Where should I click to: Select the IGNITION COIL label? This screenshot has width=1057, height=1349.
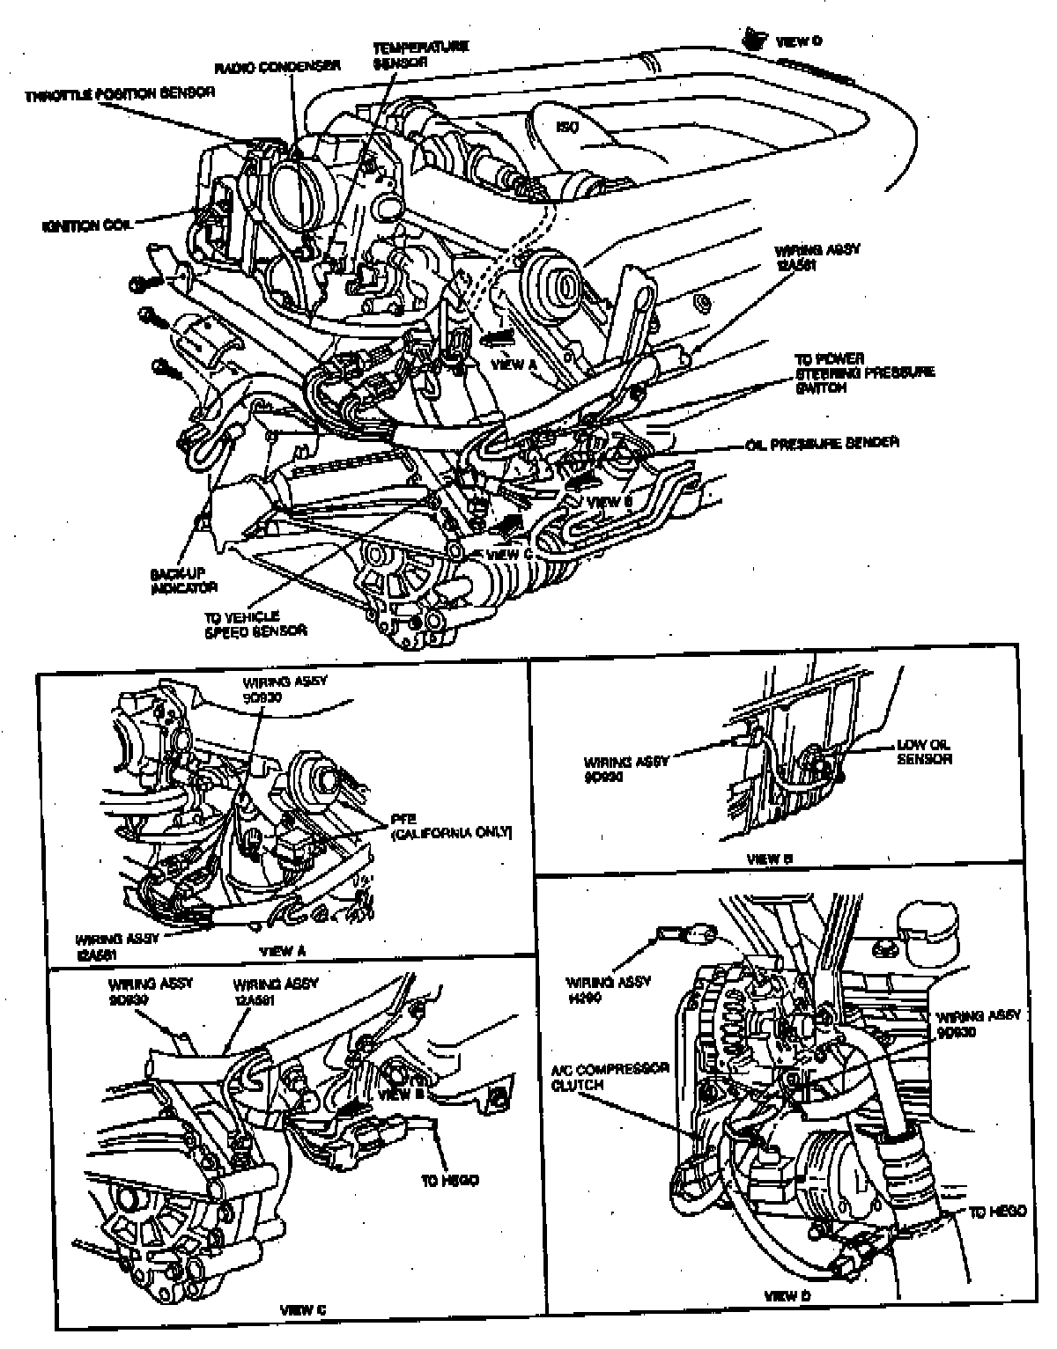coord(86,226)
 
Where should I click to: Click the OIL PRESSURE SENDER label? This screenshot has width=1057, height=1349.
coord(823,443)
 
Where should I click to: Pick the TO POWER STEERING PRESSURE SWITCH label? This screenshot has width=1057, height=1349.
coord(863,373)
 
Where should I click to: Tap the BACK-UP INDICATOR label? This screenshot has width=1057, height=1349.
coord(183,579)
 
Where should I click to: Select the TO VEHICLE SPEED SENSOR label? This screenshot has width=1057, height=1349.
coord(255,623)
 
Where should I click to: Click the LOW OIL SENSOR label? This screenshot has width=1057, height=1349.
coord(923,751)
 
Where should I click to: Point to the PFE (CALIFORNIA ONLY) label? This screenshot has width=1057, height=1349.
coord(450,824)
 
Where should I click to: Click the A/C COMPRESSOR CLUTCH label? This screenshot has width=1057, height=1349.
coord(610,1076)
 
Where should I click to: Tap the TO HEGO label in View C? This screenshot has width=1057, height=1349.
coord(449,1180)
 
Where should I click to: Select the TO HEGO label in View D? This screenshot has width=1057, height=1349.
coord(997,1212)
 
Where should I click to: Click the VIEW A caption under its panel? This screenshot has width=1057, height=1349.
coord(283,951)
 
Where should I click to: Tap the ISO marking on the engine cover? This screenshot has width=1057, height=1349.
coord(569,127)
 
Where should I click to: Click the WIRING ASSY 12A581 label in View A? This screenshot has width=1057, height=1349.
coord(116,944)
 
